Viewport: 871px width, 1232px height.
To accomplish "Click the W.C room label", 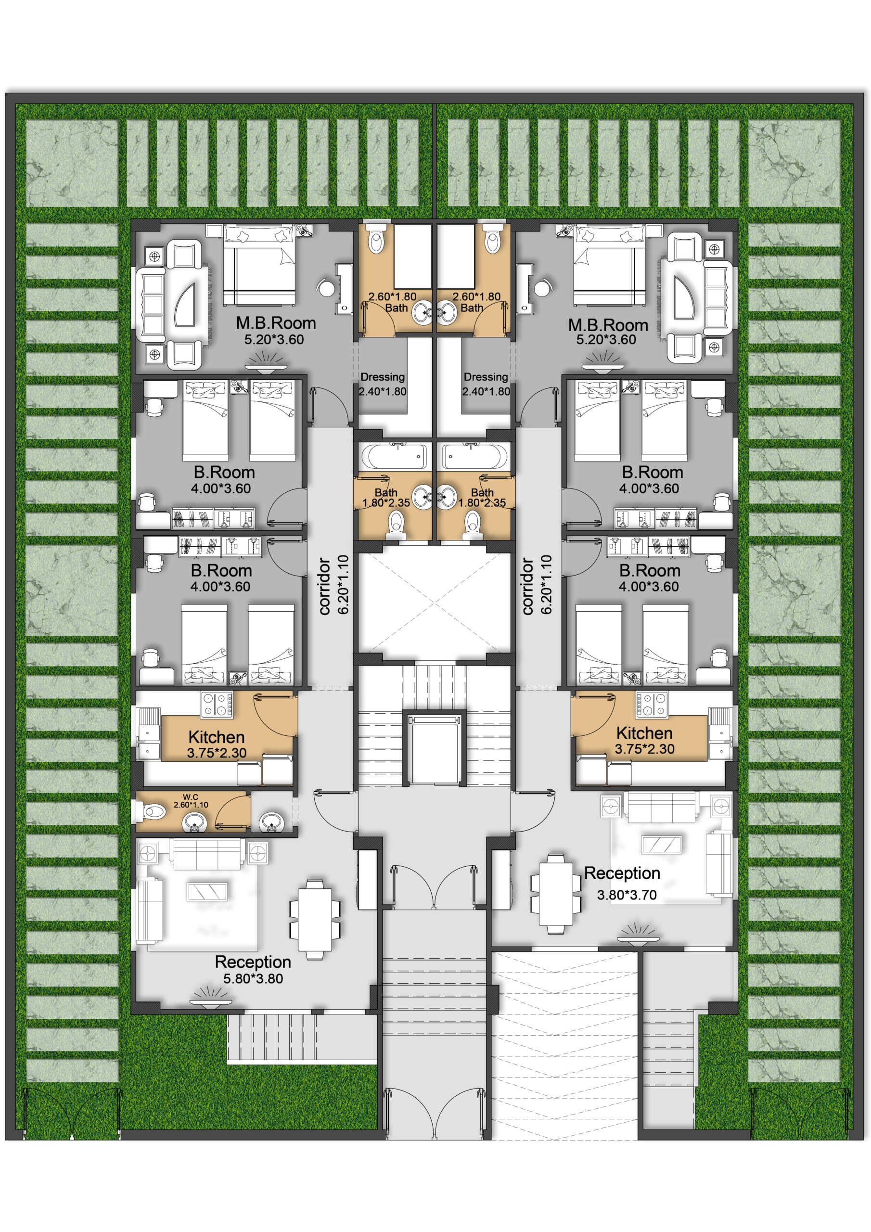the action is (x=190, y=797).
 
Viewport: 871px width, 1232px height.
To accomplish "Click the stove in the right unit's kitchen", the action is (x=652, y=705).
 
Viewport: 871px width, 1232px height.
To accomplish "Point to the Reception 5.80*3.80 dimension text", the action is (x=253, y=978).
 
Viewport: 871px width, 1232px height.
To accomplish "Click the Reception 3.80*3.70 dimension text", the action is (x=627, y=895).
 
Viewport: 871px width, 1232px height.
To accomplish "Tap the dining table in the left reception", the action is (x=315, y=919).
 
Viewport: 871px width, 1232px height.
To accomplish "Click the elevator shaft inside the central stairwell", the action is (x=434, y=748).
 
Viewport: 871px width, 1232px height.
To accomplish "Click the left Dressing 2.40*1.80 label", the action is (x=383, y=384).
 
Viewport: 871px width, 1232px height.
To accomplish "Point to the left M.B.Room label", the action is (x=276, y=323).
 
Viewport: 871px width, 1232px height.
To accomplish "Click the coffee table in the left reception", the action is (x=207, y=891).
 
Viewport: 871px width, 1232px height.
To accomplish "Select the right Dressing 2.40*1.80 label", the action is (x=486, y=384).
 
